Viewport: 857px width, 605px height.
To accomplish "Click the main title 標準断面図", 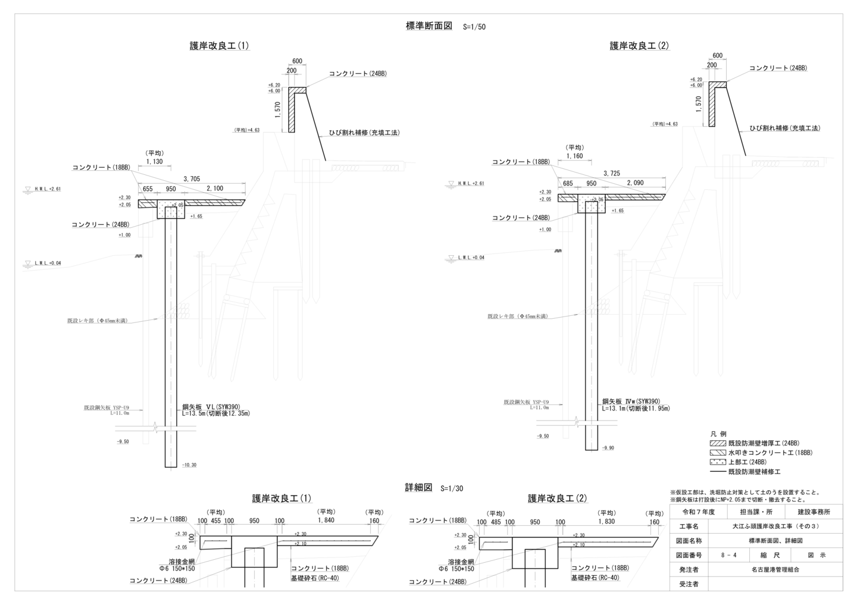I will [x=429, y=26].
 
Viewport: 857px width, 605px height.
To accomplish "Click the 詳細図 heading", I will [x=418, y=487].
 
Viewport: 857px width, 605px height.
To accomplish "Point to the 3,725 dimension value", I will [x=611, y=173].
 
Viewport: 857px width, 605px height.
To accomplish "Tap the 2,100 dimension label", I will [x=215, y=189].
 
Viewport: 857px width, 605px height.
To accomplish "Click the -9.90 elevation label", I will [x=608, y=448].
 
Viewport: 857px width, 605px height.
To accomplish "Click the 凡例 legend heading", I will [x=718, y=434].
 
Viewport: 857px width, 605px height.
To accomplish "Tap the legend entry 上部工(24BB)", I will [x=747, y=462].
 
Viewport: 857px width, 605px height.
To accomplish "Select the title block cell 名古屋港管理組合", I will [x=775, y=569].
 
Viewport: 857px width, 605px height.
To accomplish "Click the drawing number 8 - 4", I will [x=728, y=555].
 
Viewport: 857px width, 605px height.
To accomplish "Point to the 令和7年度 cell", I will [x=698, y=512].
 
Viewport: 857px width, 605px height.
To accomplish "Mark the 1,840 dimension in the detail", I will [x=326, y=521].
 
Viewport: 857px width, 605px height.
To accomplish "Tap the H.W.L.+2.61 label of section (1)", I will [x=48, y=189].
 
